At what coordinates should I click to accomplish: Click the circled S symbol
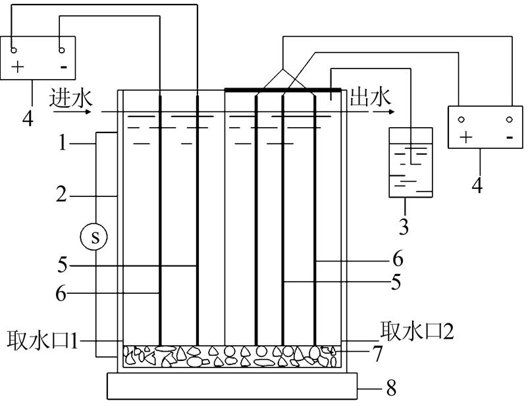coord(95,237)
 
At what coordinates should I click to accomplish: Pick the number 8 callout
coord(391,389)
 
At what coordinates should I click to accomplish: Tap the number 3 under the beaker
coord(404,227)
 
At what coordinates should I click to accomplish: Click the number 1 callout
coord(63,142)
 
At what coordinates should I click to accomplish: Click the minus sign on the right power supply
coord(509,138)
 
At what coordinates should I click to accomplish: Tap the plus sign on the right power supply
coord(467,138)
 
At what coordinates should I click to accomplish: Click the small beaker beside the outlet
coord(411,161)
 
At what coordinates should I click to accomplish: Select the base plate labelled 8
coord(232,386)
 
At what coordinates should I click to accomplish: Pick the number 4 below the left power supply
coord(28,119)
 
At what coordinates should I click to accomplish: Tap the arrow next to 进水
coord(75,111)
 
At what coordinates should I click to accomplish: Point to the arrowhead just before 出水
coord(379,111)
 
